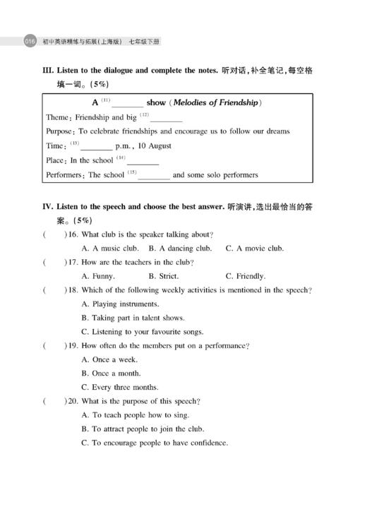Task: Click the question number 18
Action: (x=72, y=290)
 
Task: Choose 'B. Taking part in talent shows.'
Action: (x=133, y=318)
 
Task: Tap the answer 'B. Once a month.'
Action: (x=111, y=373)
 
